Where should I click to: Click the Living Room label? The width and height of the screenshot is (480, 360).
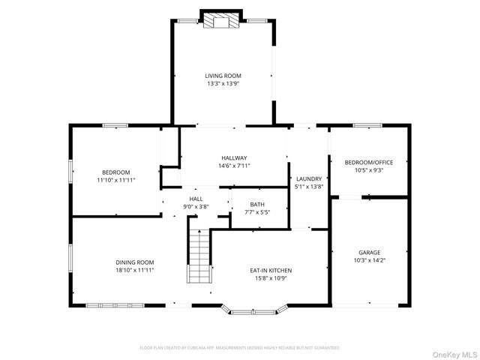[x=223, y=75]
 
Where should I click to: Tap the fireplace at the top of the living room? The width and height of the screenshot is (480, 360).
[x=223, y=21]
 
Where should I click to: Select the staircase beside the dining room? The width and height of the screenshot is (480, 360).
[x=198, y=255]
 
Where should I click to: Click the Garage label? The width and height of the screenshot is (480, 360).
[x=369, y=253]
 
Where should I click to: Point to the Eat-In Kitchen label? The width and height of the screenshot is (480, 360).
[x=271, y=270]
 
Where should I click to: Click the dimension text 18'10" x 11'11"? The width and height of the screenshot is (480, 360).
[x=135, y=270]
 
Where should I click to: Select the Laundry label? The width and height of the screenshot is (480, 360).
[x=308, y=178]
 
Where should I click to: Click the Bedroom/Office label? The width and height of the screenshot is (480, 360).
[x=369, y=162]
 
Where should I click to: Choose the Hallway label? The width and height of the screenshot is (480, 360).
[x=234, y=157]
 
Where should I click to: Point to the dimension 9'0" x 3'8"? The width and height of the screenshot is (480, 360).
[x=196, y=206]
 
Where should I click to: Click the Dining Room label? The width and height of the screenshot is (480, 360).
[x=135, y=262]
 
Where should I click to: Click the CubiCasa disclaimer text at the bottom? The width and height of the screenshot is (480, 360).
[x=240, y=348]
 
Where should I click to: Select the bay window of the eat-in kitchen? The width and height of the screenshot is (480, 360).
[x=255, y=309]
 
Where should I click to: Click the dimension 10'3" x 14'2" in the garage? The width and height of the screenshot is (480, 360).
[x=369, y=261]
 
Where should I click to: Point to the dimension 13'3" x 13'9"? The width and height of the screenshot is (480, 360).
[x=223, y=83]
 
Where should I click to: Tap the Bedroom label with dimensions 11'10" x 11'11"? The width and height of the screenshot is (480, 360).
[x=115, y=172]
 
